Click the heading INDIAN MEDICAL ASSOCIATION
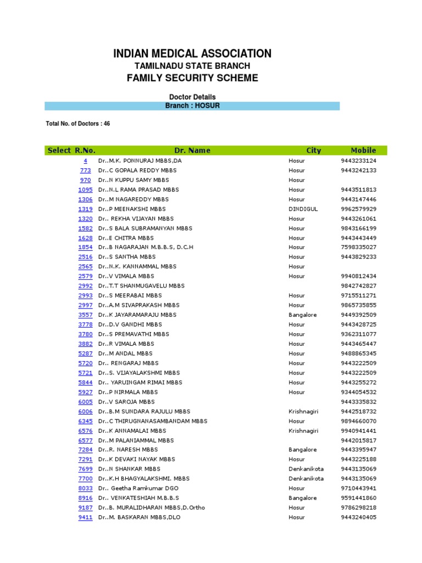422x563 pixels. pos(192,53)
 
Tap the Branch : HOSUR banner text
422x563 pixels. pos(192,106)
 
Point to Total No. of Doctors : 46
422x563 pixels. pos(77,124)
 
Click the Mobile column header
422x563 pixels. pos(363,150)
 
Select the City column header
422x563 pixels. pos(314,150)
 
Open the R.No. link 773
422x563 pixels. pos(85,170)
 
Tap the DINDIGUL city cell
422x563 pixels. pos(303,209)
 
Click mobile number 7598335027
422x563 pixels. pos(358,247)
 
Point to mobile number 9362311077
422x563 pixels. pos(358,334)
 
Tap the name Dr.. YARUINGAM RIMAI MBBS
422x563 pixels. pos(140,382)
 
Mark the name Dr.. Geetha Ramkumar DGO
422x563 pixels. pos(138,488)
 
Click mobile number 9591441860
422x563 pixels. pos(358,498)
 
